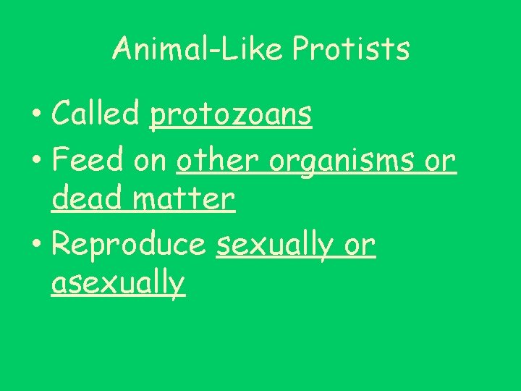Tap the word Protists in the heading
[x=351, y=49]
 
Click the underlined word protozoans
[x=231, y=114]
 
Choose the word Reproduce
[x=129, y=246]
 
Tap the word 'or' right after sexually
[x=360, y=246]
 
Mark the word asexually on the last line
[x=119, y=282]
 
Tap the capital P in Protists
[x=300, y=49]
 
